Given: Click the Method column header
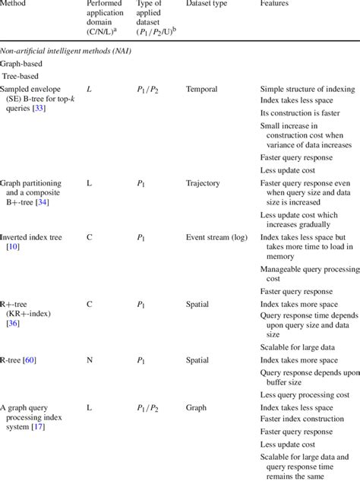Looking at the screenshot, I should coord(16,4).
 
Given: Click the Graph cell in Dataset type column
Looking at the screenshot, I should coord(197,407).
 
